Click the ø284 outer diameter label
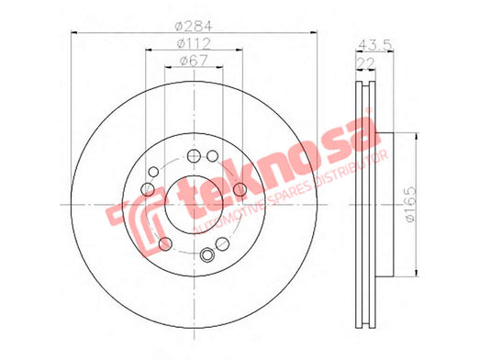click(194, 27)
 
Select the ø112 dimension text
click(194, 44)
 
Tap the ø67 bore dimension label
click(194, 61)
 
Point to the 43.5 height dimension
click(374, 45)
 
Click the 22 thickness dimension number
click(366, 63)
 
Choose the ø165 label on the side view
click(410, 205)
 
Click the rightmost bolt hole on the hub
click(240, 189)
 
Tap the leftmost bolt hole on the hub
click(148, 189)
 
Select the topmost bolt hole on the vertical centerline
click(194, 156)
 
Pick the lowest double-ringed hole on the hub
click(207, 254)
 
